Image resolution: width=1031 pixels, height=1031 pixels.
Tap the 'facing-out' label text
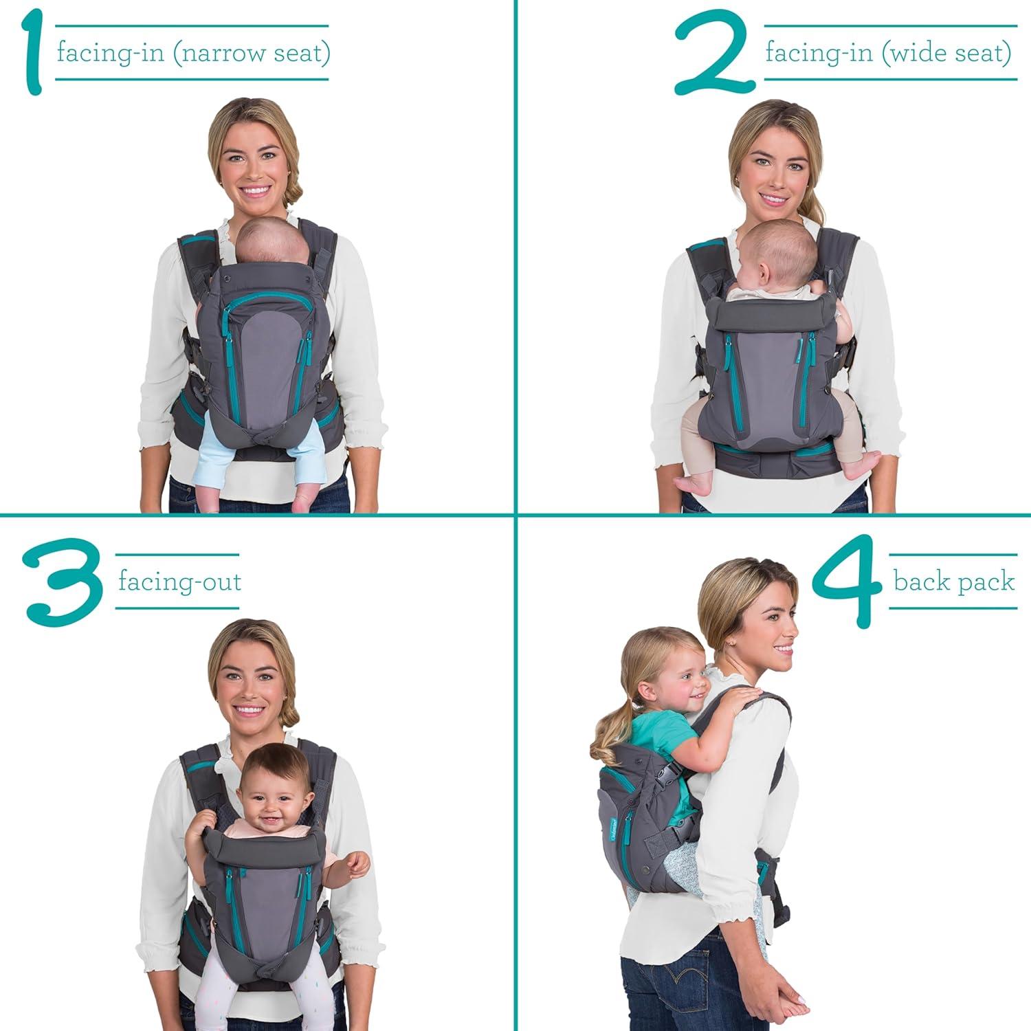(179, 582)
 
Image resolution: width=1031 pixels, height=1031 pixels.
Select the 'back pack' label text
(953, 581)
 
